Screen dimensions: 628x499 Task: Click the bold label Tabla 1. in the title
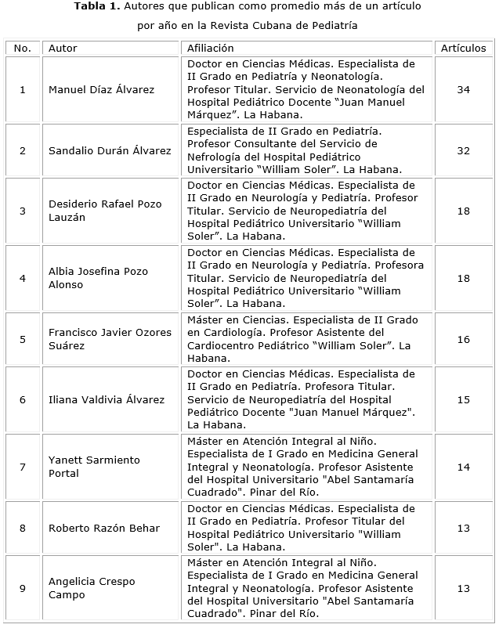click(97, 7)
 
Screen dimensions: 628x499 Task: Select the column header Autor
click(63, 49)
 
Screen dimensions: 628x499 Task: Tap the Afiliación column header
click(210, 49)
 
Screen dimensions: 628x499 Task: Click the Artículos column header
click(463, 49)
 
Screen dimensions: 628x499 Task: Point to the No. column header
click(23, 49)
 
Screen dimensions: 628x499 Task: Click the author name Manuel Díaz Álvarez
click(101, 90)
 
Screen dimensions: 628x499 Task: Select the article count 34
click(463, 90)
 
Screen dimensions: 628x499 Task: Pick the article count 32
click(463, 151)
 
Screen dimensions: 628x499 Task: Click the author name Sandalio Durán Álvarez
click(110, 151)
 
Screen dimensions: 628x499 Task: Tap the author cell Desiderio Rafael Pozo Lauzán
click(105, 211)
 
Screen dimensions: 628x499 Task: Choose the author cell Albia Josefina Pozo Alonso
click(98, 278)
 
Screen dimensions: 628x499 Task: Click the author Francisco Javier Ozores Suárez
click(110, 339)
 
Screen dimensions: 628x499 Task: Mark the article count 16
click(463, 339)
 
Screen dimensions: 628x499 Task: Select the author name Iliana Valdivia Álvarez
click(107, 400)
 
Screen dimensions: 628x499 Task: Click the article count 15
click(463, 400)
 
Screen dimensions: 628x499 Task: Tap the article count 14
click(463, 467)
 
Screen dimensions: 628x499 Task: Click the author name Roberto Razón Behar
click(104, 529)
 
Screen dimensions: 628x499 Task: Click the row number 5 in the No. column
click(23, 339)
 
